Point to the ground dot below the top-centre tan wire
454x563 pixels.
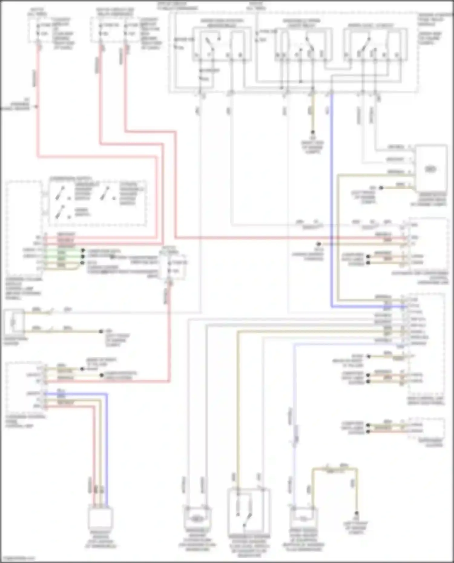click(313, 132)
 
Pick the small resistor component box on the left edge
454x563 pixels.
click(14, 322)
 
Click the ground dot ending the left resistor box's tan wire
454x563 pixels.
click(101, 332)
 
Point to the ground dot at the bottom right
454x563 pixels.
click(357, 513)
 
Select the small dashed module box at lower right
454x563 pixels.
click(426, 428)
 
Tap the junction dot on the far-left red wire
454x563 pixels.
click(37, 106)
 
